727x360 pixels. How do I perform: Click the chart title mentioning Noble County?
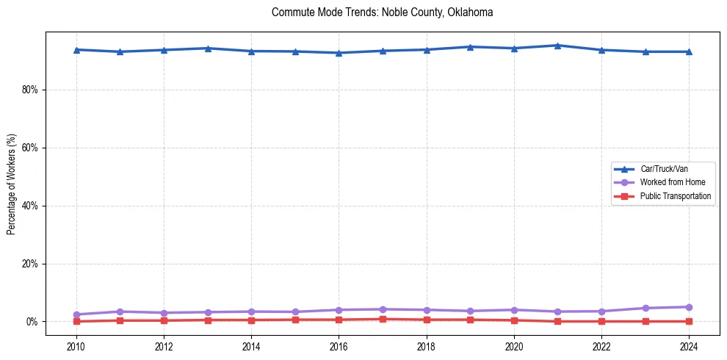pos(382,12)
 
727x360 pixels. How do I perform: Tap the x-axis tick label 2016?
pos(339,346)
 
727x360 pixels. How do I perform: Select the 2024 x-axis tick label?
pos(689,346)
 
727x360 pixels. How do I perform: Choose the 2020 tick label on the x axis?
pos(514,346)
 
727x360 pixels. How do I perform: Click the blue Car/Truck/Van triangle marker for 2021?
pos(557,46)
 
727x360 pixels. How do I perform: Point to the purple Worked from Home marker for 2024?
pos(689,307)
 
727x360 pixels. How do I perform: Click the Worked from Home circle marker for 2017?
pos(383,309)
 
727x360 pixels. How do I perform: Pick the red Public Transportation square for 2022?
pos(601,321)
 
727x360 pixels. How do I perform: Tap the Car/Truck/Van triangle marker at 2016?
pos(339,53)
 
